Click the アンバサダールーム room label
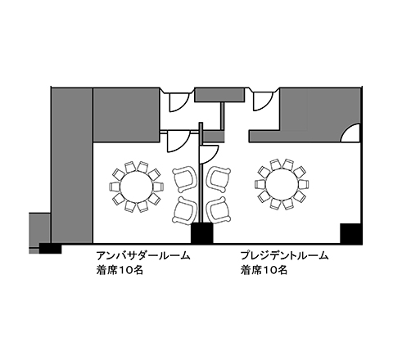(x=143, y=256)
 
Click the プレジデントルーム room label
(x=284, y=256)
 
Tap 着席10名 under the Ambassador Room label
(x=120, y=270)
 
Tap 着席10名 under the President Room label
(x=264, y=270)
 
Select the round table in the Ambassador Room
(x=137, y=187)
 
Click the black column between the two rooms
(x=201, y=233)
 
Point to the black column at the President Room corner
(x=351, y=234)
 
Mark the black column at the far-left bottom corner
(x=50, y=249)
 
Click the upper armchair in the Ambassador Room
(x=185, y=179)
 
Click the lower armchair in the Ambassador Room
(x=185, y=210)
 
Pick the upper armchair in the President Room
(x=219, y=179)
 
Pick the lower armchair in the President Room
(x=219, y=210)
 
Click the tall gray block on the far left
(x=72, y=165)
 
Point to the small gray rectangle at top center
(x=219, y=95)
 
